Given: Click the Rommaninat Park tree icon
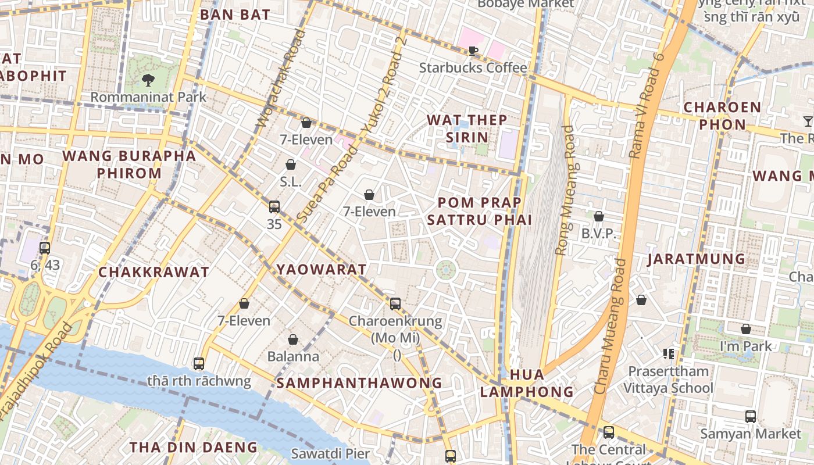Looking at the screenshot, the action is coord(148,80).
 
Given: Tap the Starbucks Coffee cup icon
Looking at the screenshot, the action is coord(473,51).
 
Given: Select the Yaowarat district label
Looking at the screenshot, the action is coord(322,270).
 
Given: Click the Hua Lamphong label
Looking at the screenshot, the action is coord(527,383).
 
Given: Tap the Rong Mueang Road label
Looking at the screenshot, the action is coord(565,191).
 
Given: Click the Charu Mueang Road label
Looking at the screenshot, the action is coord(611,327).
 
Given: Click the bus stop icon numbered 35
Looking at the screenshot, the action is coord(274,207).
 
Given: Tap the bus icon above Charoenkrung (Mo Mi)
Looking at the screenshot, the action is coord(395,303).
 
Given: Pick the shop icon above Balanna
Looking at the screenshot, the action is coord(293,339).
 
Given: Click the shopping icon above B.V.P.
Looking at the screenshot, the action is coord(598,217).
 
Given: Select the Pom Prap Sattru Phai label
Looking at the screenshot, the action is coord(480,211).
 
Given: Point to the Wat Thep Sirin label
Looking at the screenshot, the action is coord(467,128).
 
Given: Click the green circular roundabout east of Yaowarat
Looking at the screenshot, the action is coord(446,270).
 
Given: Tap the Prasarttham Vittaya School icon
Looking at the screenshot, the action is coord(668,353).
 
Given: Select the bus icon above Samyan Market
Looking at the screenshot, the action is coord(751,417).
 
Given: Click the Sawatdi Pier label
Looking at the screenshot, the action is coord(330,453).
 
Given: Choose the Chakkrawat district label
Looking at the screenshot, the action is coord(153,272).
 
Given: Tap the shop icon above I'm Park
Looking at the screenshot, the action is coord(746,330).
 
